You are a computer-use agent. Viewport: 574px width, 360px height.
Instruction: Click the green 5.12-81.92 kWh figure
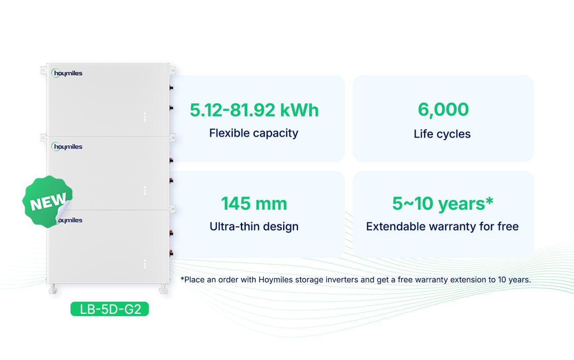(254, 110)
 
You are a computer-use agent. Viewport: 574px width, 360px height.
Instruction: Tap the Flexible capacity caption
(254, 133)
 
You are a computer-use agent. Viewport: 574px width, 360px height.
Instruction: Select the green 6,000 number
(443, 110)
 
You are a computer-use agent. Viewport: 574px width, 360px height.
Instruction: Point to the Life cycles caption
(442, 134)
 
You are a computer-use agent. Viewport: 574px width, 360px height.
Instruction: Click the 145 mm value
(254, 204)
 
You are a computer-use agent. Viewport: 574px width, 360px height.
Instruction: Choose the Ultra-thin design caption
(254, 227)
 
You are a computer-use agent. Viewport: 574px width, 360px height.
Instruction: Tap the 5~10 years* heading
(443, 204)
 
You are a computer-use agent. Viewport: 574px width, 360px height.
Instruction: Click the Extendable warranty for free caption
(442, 227)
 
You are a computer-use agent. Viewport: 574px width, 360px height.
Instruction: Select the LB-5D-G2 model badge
(110, 309)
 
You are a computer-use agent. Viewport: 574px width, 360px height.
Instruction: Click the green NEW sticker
(47, 202)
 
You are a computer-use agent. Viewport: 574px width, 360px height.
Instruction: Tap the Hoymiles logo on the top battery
(67, 73)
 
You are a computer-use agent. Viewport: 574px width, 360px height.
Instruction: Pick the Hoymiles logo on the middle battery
(67, 147)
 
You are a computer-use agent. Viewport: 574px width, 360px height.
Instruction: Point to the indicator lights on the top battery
(145, 117)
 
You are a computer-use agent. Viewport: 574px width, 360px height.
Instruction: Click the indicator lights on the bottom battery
(145, 264)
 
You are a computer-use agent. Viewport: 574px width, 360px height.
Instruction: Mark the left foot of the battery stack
(53, 289)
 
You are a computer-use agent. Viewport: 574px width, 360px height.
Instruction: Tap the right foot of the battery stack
(163, 289)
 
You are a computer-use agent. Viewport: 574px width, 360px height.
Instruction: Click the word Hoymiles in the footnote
(275, 280)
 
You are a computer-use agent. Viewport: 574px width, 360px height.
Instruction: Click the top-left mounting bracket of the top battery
(43, 70)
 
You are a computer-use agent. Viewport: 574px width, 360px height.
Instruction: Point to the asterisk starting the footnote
(182, 278)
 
